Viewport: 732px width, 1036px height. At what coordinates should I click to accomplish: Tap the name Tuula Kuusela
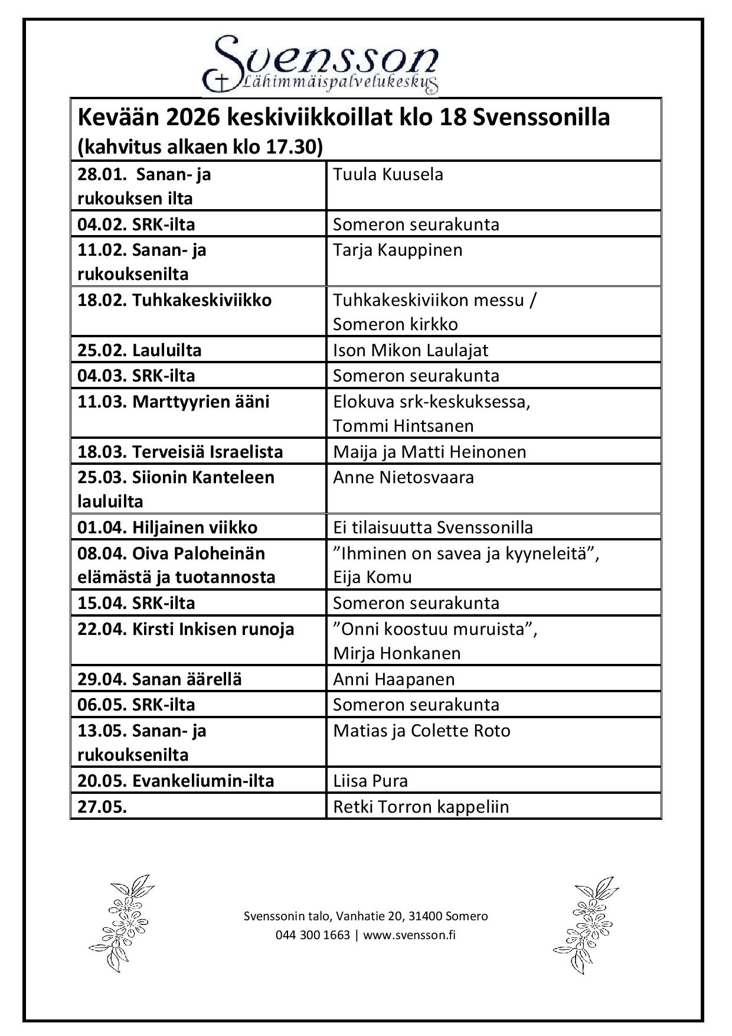388,174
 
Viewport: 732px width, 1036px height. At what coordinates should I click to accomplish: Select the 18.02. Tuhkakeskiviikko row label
175,300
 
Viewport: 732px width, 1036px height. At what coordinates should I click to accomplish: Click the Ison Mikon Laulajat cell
410,350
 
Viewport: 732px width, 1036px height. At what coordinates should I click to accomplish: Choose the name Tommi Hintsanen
403,426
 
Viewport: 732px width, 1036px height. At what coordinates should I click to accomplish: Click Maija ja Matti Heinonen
429,452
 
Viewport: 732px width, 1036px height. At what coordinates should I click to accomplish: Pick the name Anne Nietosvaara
403,477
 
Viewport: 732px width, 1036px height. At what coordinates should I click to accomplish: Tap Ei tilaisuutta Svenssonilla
433,527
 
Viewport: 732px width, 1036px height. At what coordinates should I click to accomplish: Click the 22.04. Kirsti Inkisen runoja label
186,629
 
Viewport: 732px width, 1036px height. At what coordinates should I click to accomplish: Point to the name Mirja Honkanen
397,653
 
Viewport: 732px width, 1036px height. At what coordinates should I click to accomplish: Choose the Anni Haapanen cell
394,679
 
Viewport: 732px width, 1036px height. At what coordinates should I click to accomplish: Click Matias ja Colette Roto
421,731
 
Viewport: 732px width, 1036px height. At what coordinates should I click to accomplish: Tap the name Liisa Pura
370,781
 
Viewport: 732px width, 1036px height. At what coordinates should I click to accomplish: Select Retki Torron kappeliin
421,807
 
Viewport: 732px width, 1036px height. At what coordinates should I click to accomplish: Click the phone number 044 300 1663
312,935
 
